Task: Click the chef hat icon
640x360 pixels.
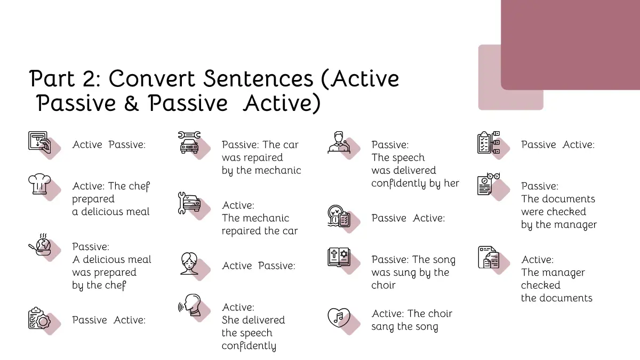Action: click(39, 184)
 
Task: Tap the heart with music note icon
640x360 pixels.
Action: click(339, 317)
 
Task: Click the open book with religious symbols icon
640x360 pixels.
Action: click(339, 257)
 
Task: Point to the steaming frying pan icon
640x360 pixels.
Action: click(40, 245)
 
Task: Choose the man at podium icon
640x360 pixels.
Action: click(339, 142)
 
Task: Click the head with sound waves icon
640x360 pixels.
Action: click(189, 305)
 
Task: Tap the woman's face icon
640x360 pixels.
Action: click(189, 263)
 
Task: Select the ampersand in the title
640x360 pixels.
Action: click(131, 103)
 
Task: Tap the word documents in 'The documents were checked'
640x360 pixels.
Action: click(568, 199)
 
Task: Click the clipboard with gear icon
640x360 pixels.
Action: click(39, 318)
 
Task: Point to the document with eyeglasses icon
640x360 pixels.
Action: click(489, 184)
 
